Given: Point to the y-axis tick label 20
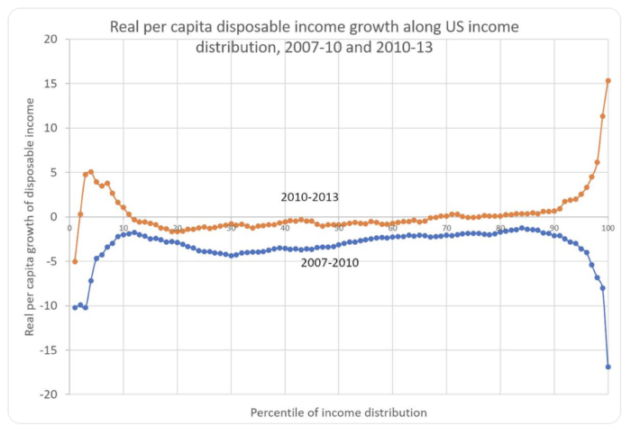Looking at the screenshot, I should [x=50, y=40].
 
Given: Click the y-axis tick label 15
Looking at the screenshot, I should [x=50, y=84].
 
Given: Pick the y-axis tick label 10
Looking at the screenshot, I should [x=50, y=128].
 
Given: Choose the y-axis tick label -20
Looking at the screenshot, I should [x=49, y=394].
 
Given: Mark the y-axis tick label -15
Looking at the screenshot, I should [x=49, y=350].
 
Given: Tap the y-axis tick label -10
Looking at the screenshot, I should [x=49, y=306].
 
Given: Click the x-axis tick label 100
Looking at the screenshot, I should [x=608, y=228].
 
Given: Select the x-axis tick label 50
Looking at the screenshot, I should [x=339, y=228].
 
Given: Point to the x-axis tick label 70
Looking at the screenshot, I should [x=447, y=228].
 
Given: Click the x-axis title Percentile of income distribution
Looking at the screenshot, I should [x=338, y=412].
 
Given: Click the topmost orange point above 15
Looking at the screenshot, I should [x=608, y=81].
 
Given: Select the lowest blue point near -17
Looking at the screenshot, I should [x=608, y=367].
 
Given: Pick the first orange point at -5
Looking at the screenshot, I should [x=75, y=261].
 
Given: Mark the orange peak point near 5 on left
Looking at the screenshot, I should [x=91, y=172].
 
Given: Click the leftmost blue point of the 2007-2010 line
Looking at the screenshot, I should [x=75, y=307].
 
